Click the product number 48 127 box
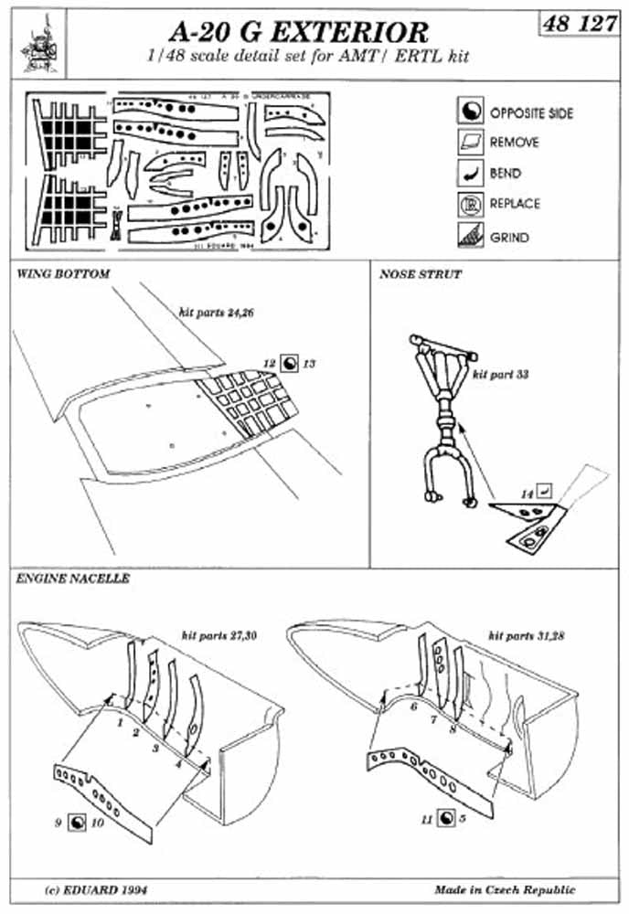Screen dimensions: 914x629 (579, 25)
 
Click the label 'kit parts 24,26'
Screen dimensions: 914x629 (211, 312)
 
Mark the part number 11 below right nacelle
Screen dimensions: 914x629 (426, 818)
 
